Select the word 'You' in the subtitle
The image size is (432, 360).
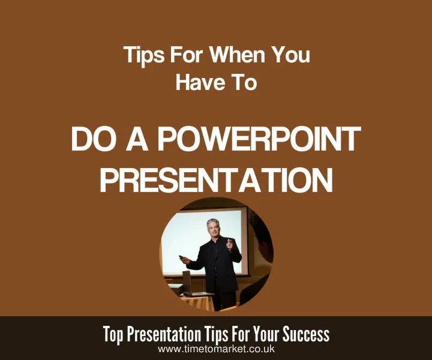click(291, 56)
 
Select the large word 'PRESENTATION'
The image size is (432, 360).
click(216, 179)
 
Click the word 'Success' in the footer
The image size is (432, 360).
click(308, 334)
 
